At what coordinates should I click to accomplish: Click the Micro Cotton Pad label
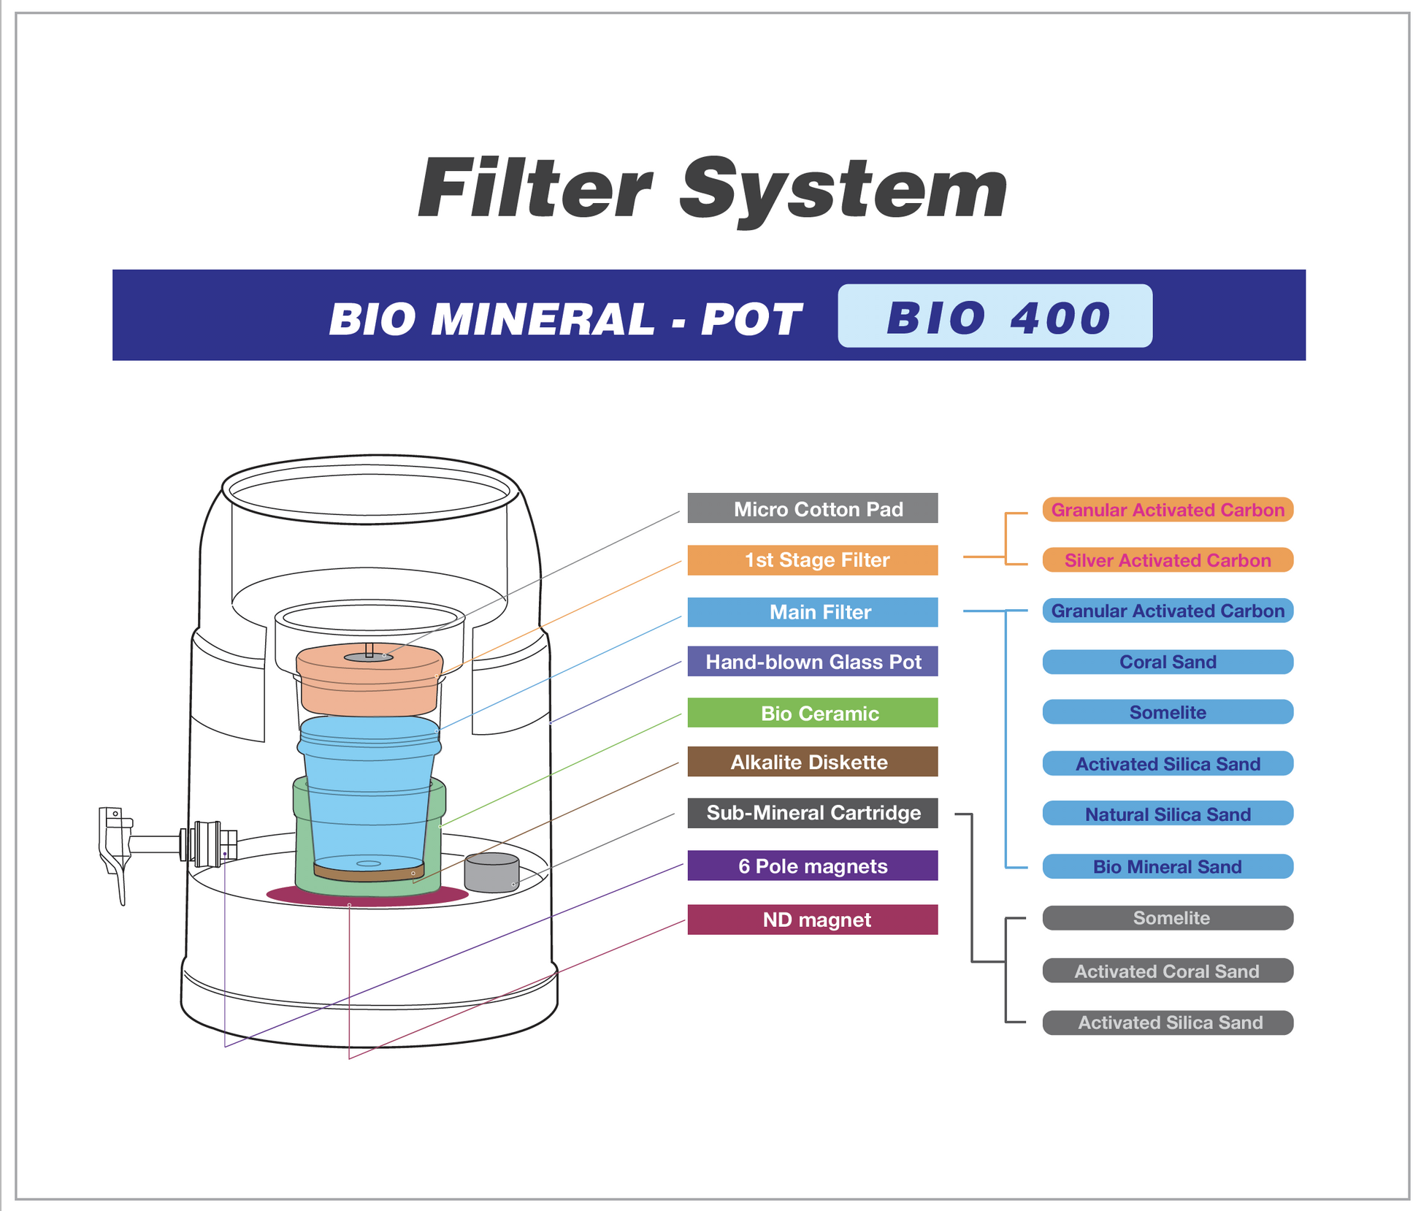coord(812,508)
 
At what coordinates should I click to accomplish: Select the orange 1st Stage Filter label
coord(812,560)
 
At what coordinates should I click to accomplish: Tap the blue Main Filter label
coord(812,612)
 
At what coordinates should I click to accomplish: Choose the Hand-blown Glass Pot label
coord(812,662)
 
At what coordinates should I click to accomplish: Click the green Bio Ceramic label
coord(812,713)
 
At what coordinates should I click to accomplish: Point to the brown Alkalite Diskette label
coord(812,762)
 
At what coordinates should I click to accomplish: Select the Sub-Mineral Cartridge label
coord(812,813)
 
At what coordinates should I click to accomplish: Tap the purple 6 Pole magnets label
coord(812,866)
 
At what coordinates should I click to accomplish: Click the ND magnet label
coord(812,920)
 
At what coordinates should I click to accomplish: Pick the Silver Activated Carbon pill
coord(1167,560)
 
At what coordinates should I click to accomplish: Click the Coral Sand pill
coord(1167,662)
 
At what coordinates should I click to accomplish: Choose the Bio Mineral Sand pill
coord(1167,866)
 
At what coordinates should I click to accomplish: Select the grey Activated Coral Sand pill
coord(1167,971)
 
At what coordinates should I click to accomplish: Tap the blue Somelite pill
coord(1167,712)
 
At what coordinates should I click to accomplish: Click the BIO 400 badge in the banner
coord(995,316)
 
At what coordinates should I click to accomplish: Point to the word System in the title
coord(843,190)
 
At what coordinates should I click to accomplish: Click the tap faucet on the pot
coord(117,847)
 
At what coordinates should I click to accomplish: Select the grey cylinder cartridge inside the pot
coord(491,873)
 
